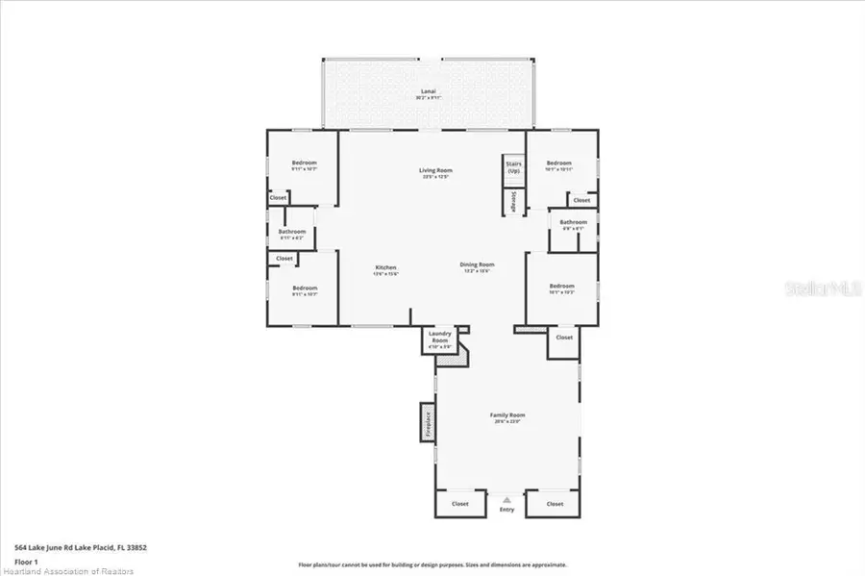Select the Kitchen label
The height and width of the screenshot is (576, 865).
tap(385, 267)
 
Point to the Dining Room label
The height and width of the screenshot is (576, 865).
tap(476, 264)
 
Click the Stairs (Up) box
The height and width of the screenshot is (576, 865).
tap(513, 167)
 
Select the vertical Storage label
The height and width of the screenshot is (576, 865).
tap(514, 200)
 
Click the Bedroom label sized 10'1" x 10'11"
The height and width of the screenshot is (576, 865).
tap(559, 163)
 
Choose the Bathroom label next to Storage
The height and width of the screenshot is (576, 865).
tap(573, 222)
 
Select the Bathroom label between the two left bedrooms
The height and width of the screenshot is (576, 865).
tap(292, 232)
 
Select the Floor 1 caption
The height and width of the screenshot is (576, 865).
tap(26, 561)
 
